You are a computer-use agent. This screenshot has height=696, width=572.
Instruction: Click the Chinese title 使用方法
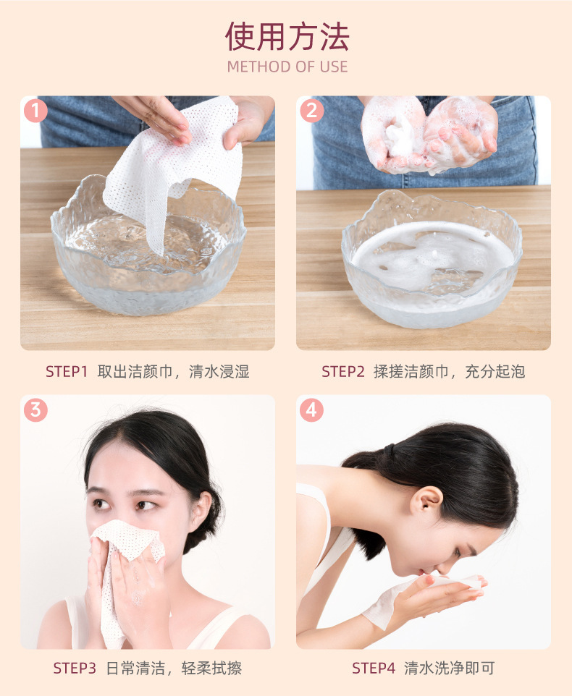[287, 36]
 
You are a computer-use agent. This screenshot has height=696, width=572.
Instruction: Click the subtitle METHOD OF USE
[287, 67]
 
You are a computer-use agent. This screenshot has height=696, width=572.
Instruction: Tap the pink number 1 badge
[35, 111]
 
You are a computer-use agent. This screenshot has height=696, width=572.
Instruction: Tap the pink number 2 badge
[311, 111]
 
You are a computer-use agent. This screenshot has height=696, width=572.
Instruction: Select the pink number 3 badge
[35, 410]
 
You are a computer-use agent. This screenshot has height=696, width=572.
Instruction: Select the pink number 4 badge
[311, 410]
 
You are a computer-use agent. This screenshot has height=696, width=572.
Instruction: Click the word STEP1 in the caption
[67, 372]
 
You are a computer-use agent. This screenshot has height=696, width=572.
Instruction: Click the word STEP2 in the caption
[342, 372]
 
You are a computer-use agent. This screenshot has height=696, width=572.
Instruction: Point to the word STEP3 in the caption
[75, 669]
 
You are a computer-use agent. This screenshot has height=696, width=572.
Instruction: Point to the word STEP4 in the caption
[374, 669]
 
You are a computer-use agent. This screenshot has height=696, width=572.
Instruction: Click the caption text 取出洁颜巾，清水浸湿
[174, 372]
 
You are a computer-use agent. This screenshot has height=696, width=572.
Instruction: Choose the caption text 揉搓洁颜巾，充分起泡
[449, 372]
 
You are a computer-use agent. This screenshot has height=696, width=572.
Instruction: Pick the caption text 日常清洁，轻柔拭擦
[174, 669]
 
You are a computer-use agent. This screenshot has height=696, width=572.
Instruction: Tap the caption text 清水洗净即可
[450, 669]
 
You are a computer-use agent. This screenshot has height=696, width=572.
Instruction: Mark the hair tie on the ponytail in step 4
[390, 451]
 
